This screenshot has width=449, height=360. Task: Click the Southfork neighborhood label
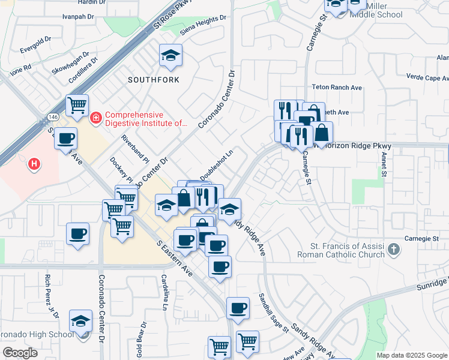click(x=151, y=79)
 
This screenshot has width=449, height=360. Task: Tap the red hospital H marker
click(x=35, y=163)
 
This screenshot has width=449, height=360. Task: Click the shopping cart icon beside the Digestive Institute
click(x=77, y=106)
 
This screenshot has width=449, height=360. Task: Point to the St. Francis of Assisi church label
click(x=341, y=250)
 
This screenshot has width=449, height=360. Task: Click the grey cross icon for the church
click(x=394, y=249)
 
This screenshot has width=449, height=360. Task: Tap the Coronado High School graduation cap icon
click(x=80, y=321)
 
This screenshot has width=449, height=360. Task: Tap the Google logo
click(x=20, y=353)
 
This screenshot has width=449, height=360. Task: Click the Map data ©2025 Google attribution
click(x=412, y=355)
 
